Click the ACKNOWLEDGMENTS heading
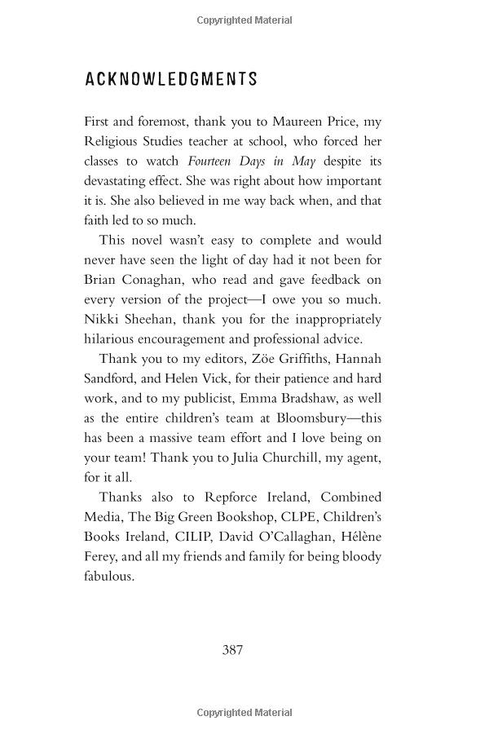171,79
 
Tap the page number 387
233,650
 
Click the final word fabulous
110,576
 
